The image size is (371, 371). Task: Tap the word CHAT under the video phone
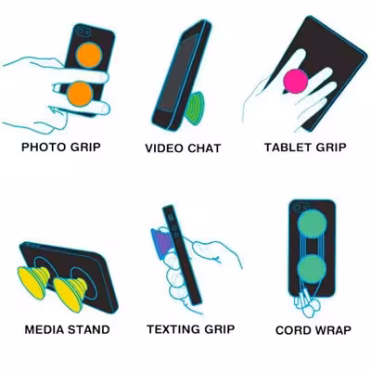(x=204, y=148)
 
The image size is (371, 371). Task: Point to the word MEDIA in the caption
(x=45, y=329)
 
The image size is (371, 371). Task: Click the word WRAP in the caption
(x=332, y=330)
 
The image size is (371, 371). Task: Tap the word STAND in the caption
(x=88, y=329)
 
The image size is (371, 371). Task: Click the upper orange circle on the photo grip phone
(x=89, y=55)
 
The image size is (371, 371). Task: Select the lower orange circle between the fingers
(x=80, y=94)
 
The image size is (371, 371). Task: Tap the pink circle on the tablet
(x=296, y=81)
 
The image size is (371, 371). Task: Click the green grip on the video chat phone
(x=194, y=109)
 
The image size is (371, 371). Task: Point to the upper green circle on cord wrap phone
(x=312, y=224)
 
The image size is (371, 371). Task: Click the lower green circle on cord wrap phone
(x=312, y=269)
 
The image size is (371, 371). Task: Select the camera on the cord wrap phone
(x=301, y=206)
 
